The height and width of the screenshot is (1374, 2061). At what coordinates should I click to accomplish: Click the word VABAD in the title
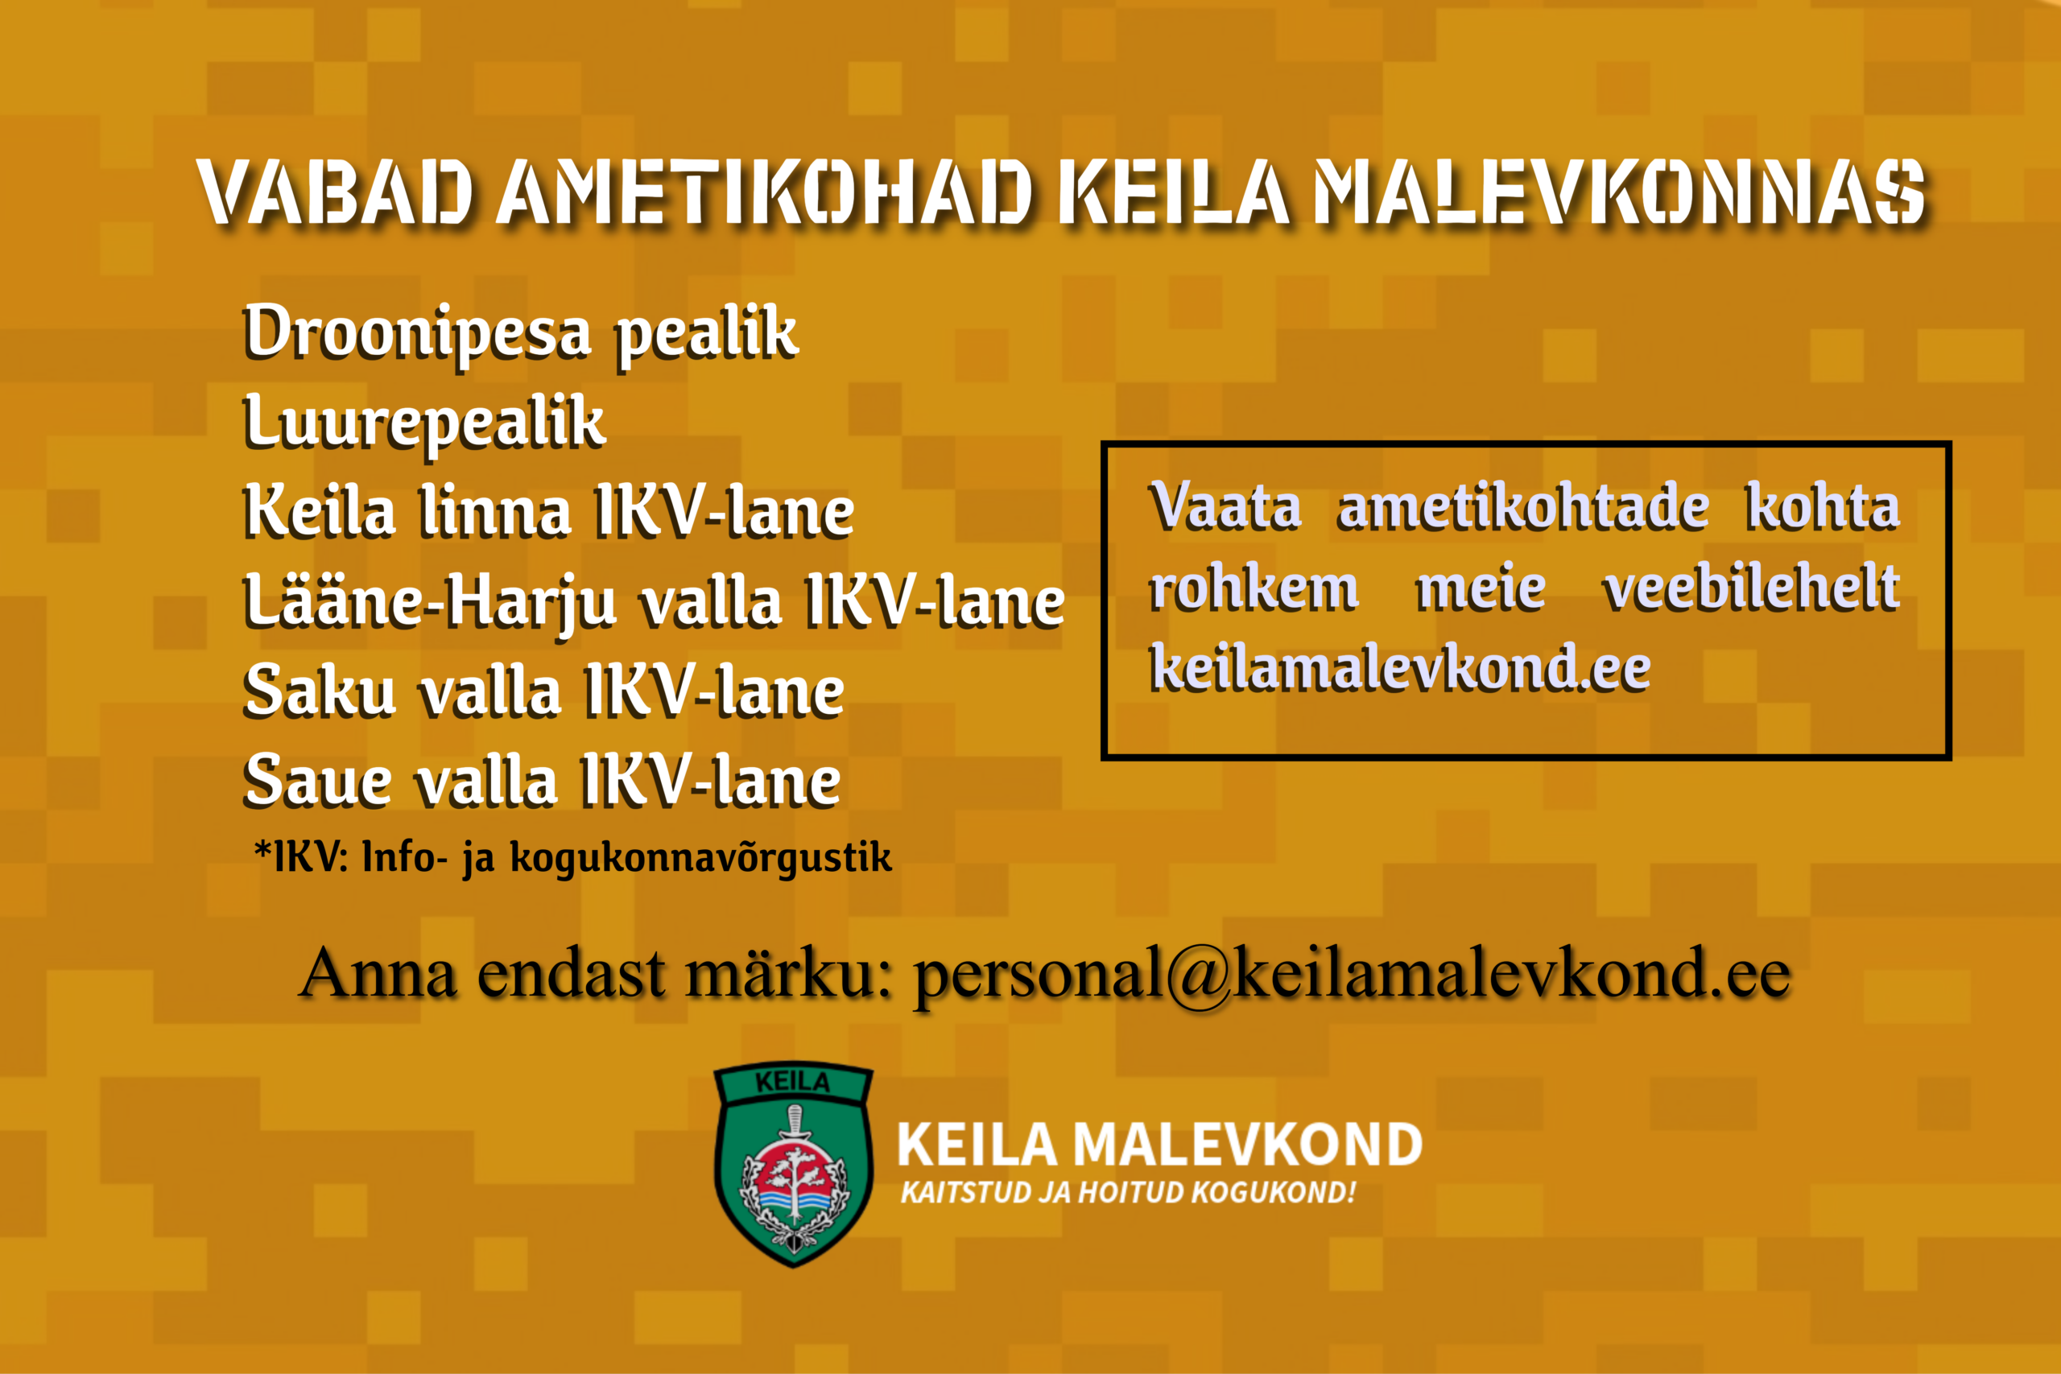336,190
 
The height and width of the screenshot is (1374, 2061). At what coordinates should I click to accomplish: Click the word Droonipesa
417,333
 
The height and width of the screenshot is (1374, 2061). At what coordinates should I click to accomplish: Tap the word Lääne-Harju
430,603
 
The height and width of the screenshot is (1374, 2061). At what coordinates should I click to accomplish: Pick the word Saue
316,780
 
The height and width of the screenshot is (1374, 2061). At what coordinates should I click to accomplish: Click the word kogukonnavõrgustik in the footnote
701,857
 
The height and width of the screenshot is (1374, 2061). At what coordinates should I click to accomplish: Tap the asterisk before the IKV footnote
262,849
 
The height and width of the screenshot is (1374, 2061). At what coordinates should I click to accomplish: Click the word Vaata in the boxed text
1225,505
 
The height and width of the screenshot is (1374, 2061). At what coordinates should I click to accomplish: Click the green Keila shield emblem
794,1164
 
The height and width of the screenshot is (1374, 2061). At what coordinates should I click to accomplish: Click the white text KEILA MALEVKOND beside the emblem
1159,1144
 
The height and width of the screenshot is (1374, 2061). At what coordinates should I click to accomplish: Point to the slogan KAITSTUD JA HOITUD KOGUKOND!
1129,1193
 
